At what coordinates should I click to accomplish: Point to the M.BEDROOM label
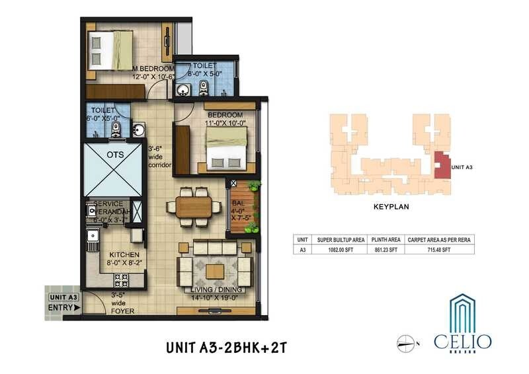(x=154, y=69)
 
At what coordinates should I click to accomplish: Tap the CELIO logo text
(x=462, y=341)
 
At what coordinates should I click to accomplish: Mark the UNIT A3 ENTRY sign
(x=64, y=302)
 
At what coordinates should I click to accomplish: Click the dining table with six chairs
(x=194, y=205)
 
